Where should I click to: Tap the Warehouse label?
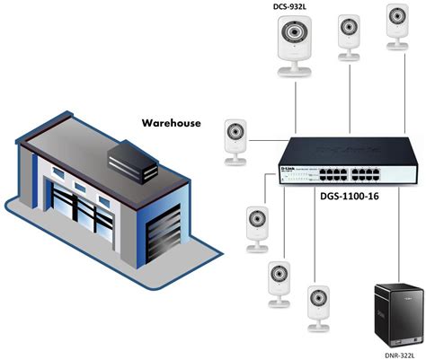[x=171, y=123]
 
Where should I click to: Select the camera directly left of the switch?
[x=235, y=141]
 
